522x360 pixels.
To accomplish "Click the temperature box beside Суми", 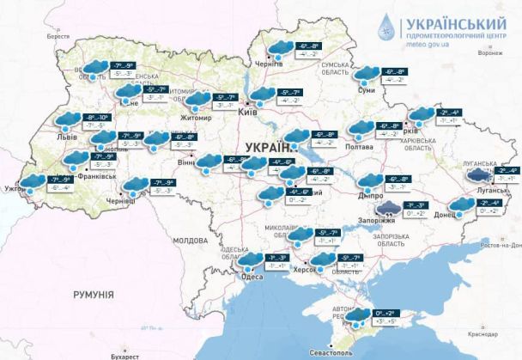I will (x=399, y=77).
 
